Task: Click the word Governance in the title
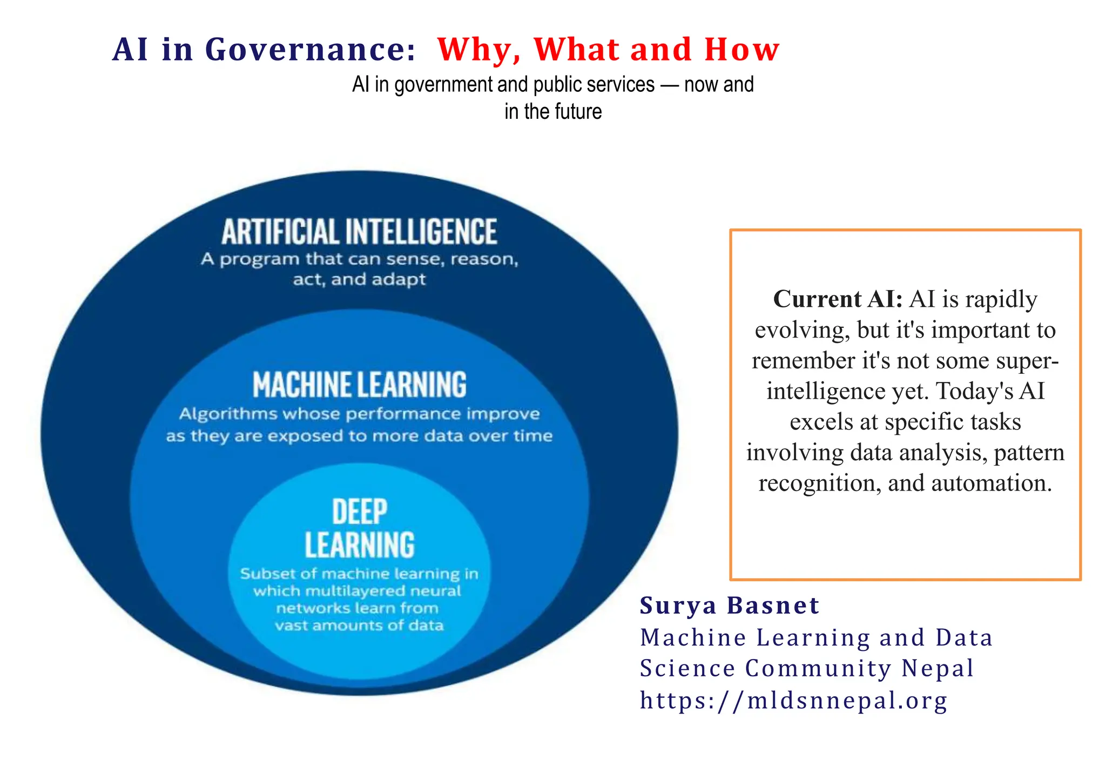(311, 50)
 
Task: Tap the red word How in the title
(741, 50)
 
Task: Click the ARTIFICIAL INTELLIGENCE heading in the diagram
(359, 232)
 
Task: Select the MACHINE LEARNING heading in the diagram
(359, 385)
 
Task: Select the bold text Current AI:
(838, 299)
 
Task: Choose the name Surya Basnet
(729, 606)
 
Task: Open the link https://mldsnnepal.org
(793, 701)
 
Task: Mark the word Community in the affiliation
(818, 669)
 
